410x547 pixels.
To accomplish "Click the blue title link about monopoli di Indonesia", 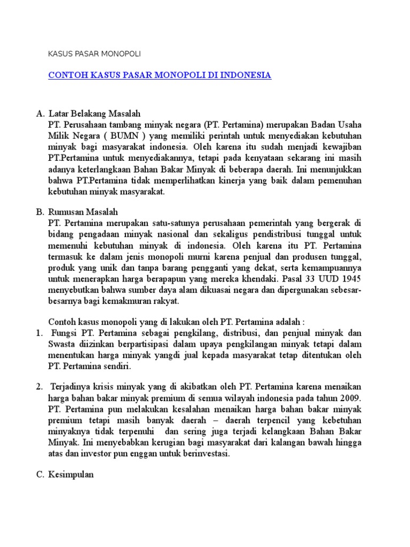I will click(x=160, y=75).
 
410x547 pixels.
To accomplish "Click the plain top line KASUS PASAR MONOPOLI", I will click(x=94, y=54).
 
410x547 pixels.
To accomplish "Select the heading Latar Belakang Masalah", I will click(x=94, y=114).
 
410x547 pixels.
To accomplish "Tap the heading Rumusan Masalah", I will click(x=86, y=212).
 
